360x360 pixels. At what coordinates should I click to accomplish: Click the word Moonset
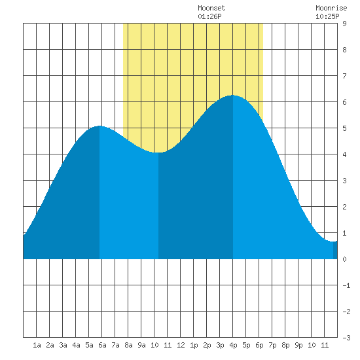(x=211, y=8)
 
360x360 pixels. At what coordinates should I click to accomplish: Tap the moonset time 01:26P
(x=209, y=16)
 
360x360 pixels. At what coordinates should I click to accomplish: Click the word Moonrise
(x=331, y=8)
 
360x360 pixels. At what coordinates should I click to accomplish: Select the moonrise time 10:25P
(x=327, y=16)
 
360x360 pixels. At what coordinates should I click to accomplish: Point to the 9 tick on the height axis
(x=344, y=24)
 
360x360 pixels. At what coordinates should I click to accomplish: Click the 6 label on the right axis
(x=344, y=102)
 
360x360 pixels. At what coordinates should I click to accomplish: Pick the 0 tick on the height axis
(x=344, y=259)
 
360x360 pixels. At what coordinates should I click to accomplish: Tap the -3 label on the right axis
(x=346, y=338)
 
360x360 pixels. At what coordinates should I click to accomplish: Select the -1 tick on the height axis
(x=346, y=285)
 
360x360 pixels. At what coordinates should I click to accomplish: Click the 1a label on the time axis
(x=37, y=345)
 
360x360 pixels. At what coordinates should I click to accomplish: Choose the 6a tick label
(x=102, y=345)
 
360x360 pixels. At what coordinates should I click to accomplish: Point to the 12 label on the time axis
(x=181, y=345)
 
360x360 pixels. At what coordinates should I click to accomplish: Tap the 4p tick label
(x=233, y=345)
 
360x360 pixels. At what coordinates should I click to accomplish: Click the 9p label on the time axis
(x=298, y=345)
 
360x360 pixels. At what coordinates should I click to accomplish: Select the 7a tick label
(x=115, y=345)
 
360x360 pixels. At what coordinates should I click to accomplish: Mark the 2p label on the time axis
(x=207, y=345)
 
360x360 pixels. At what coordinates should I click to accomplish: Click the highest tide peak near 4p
(x=233, y=95)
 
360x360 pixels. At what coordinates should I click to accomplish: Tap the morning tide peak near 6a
(x=99, y=126)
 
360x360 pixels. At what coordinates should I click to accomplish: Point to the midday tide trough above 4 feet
(x=158, y=153)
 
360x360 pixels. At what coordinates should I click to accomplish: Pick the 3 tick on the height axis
(x=344, y=181)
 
